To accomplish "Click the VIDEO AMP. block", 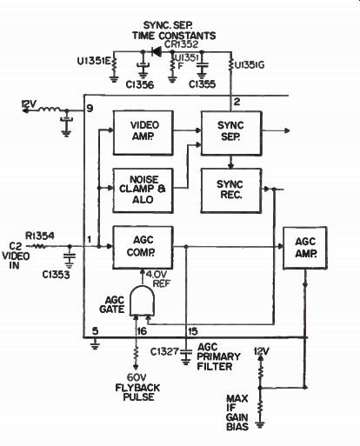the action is tap(143, 133).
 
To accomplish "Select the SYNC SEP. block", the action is tap(231, 133).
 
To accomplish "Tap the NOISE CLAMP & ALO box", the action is tap(143, 190).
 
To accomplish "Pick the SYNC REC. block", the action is tap(231, 190).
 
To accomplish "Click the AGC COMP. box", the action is tap(143, 248).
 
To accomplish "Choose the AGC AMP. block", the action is tap(305, 248).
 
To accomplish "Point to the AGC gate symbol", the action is tap(142, 301).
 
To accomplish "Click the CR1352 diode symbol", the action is tap(157, 51).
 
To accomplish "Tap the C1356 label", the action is tap(140, 84).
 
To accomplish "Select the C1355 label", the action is tap(202, 84).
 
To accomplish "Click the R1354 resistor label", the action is tap(40, 236).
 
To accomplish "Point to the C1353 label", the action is tap(56, 274).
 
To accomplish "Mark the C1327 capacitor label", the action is tap(164, 351).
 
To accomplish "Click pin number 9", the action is tap(90, 109).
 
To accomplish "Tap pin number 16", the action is tap(142, 331).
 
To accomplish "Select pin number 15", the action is tap(193, 331).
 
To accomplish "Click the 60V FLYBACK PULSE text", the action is tap(137, 387).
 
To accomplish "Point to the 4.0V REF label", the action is tap(158, 278).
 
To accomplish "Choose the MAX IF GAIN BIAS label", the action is tap(237, 413).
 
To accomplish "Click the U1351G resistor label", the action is tap(250, 65).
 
